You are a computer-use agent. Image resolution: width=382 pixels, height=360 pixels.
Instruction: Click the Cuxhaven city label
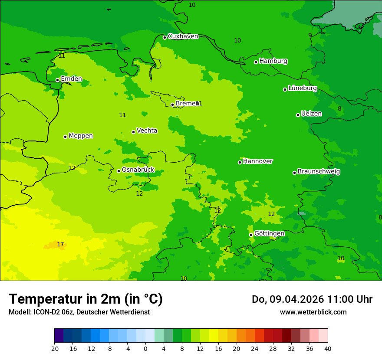183,36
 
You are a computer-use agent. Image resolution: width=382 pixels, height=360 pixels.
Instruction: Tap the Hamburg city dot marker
256,62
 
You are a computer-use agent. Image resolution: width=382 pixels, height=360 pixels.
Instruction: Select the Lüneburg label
302,88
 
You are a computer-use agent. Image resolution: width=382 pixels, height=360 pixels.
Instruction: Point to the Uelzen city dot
298,115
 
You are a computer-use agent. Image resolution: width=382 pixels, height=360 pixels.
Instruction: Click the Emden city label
71,79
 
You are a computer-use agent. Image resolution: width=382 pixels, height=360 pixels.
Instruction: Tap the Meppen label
80,136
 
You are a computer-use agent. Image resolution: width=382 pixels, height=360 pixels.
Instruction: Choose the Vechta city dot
133,132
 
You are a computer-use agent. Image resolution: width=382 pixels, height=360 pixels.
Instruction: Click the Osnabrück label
138,170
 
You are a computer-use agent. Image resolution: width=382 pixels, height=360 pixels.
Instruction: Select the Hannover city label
257,161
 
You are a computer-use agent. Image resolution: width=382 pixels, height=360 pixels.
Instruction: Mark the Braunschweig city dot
294,173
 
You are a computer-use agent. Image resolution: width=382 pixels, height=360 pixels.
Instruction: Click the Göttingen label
269,233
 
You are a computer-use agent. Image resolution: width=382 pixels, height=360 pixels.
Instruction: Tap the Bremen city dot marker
172,105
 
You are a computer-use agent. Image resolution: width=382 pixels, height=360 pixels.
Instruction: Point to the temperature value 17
60,245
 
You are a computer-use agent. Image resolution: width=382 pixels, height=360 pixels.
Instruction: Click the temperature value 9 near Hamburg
310,35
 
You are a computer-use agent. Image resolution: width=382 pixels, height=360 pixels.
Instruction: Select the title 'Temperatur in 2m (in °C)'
86,299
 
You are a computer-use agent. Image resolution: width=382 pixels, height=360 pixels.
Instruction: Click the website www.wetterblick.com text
313,312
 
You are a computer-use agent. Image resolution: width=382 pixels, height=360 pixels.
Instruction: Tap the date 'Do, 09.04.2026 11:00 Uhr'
312,299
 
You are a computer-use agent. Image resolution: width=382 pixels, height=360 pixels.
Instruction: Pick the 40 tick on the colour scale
327,348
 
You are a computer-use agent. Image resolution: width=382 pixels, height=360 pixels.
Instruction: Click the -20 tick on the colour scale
54,348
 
